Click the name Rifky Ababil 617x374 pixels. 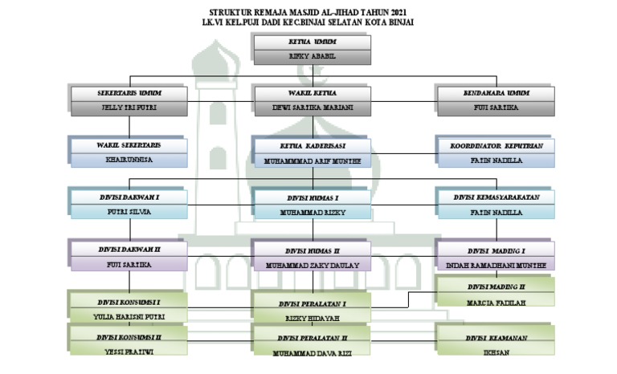[x=312, y=57]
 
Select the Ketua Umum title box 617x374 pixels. [x=312, y=42]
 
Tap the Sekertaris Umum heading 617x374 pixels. [x=129, y=93]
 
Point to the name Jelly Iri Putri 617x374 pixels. [x=129, y=108]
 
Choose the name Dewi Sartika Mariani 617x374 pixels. [x=312, y=108]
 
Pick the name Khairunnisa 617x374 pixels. [x=129, y=161]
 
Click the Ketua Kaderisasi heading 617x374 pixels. [x=312, y=146]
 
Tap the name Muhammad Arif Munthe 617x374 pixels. [x=312, y=161]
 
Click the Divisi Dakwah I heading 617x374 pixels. [x=129, y=197]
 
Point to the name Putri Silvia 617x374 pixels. [x=129, y=213]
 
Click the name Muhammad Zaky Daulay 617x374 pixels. [x=312, y=265]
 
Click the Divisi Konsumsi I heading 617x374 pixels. [x=129, y=303]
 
